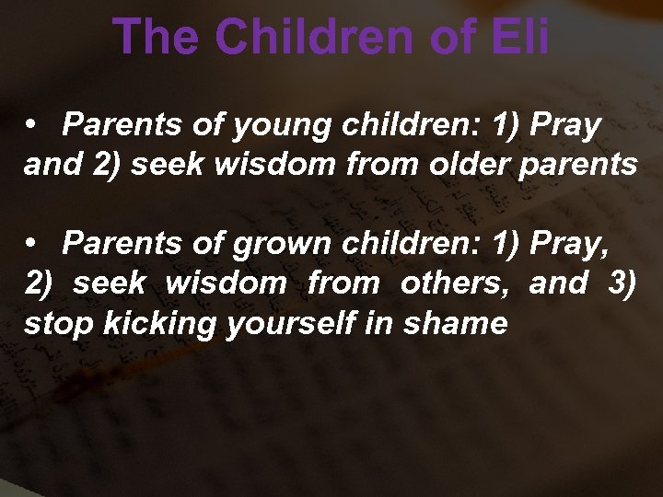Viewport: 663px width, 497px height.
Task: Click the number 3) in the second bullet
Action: pyautogui.click(x=622, y=283)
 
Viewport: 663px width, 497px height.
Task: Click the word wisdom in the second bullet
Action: pyautogui.click(x=226, y=283)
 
